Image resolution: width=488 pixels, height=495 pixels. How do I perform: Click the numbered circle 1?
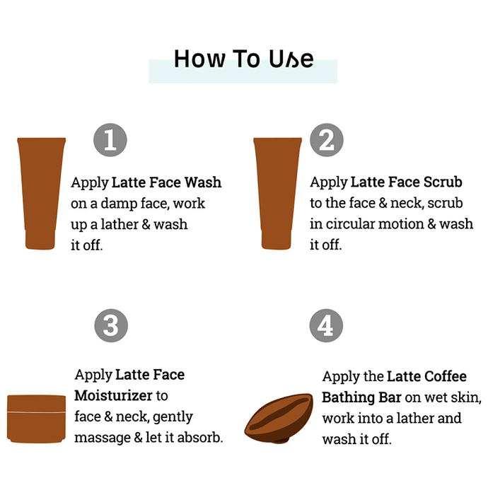click(x=110, y=140)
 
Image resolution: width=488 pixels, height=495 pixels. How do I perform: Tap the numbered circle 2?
click(x=326, y=140)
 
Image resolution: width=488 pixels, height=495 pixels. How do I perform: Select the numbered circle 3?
click(x=111, y=325)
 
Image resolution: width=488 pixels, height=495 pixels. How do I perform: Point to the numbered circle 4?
click(x=326, y=325)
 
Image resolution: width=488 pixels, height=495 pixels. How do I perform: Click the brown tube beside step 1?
click(x=41, y=194)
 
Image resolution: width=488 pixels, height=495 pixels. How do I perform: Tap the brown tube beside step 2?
click(x=277, y=194)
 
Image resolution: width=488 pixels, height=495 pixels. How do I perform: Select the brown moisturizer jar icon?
click(x=36, y=419)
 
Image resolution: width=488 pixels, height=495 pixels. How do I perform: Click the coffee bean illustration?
click(x=279, y=418)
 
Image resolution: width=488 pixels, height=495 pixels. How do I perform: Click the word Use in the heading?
click(x=291, y=59)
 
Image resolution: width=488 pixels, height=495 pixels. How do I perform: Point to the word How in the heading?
click(x=200, y=59)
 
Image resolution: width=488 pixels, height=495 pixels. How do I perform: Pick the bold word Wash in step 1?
click(x=203, y=182)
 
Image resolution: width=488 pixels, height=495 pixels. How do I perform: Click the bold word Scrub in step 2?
click(x=443, y=182)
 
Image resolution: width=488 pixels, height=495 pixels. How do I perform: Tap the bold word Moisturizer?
click(x=113, y=395)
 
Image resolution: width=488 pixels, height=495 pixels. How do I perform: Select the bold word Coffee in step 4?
click(x=446, y=376)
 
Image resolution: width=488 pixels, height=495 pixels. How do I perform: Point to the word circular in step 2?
click(x=350, y=224)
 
